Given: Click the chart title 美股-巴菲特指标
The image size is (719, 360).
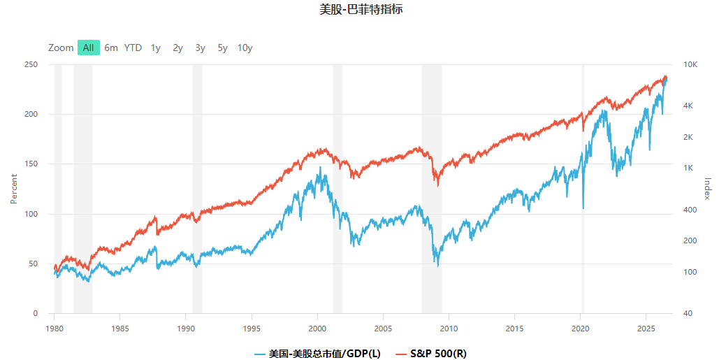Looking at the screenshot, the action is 361,9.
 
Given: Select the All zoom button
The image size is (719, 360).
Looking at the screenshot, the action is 89,48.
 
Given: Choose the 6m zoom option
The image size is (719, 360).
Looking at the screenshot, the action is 111,48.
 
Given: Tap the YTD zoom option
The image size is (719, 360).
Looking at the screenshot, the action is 133,48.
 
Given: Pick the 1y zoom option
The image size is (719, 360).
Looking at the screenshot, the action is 155,48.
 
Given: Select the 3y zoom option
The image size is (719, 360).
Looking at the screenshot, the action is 200,48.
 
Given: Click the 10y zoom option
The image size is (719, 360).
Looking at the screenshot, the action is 245,48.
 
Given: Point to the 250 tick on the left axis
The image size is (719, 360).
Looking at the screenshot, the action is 31,65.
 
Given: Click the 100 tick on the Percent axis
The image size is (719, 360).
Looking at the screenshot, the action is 31,214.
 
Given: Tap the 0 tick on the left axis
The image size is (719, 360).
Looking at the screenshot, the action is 36,314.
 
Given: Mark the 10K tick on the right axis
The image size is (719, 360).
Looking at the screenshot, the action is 690,65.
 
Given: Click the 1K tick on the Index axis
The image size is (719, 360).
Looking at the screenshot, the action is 688,168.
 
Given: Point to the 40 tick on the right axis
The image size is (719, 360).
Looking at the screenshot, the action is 688,314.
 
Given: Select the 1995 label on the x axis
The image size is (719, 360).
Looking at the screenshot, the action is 252,329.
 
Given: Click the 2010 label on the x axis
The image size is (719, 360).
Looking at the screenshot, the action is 449,329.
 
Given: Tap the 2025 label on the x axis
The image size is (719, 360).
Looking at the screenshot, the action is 646,329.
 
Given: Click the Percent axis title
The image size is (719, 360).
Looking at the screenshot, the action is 14,189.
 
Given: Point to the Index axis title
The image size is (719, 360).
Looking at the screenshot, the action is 707,189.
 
